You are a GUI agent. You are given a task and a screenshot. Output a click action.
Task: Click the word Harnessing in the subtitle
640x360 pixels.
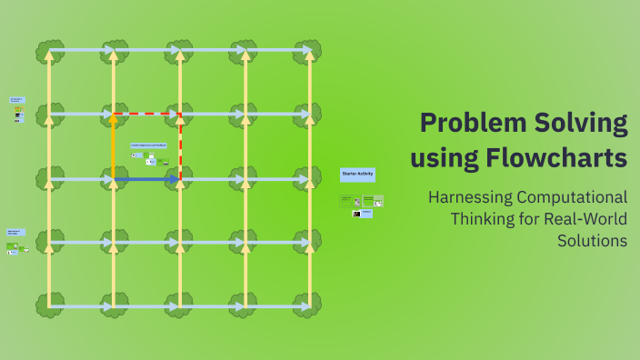click(x=469, y=197)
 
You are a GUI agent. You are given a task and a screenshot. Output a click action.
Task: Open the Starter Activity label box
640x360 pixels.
click(x=357, y=173)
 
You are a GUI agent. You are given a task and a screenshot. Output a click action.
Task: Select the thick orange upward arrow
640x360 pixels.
click(x=114, y=145)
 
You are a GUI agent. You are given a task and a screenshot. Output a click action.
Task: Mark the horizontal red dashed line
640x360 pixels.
click(x=148, y=115)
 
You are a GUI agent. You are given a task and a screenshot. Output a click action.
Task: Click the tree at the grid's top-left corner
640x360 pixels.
click(x=49, y=51)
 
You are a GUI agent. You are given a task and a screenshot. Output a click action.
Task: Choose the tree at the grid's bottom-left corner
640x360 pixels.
click(x=49, y=305)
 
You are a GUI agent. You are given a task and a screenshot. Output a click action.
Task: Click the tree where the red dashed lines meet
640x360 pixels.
click(x=180, y=115)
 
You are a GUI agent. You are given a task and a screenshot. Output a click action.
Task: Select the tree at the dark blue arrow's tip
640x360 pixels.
click(x=180, y=179)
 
